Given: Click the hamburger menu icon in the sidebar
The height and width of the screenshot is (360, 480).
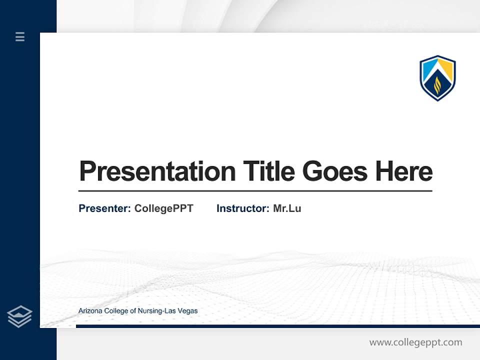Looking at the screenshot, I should pyautogui.click(x=20, y=36).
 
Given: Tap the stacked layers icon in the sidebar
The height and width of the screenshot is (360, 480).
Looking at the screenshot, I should pyautogui.click(x=19, y=316).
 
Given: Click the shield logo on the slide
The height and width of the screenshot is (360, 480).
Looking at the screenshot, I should pyautogui.click(x=437, y=78).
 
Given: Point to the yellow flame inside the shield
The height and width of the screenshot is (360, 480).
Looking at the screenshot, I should pyautogui.click(x=437, y=85).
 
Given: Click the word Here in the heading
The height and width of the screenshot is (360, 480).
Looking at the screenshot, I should pyautogui.click(x=404, y=171).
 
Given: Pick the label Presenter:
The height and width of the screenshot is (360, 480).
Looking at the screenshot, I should pyautogui.click(x=104, y=208).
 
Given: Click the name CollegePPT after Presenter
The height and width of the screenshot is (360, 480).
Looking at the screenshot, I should pyautogui.click(x=163, y=208).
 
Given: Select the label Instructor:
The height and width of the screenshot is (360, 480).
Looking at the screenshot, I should pyautogui.click(x=242, y=208).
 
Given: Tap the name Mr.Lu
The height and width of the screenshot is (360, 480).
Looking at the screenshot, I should pyautogui.click(x=287, y=208).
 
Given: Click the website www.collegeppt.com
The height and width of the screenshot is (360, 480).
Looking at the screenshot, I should pyautogui.click(x=415, y=342).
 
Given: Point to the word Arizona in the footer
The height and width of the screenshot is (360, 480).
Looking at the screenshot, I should pyautogui.click(x=89, y=311).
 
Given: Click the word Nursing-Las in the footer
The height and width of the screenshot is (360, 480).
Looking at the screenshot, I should pyautogui.click(x=160, y=311).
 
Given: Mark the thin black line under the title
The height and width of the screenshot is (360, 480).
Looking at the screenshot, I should pyautogui.click(x=255, y=191).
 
